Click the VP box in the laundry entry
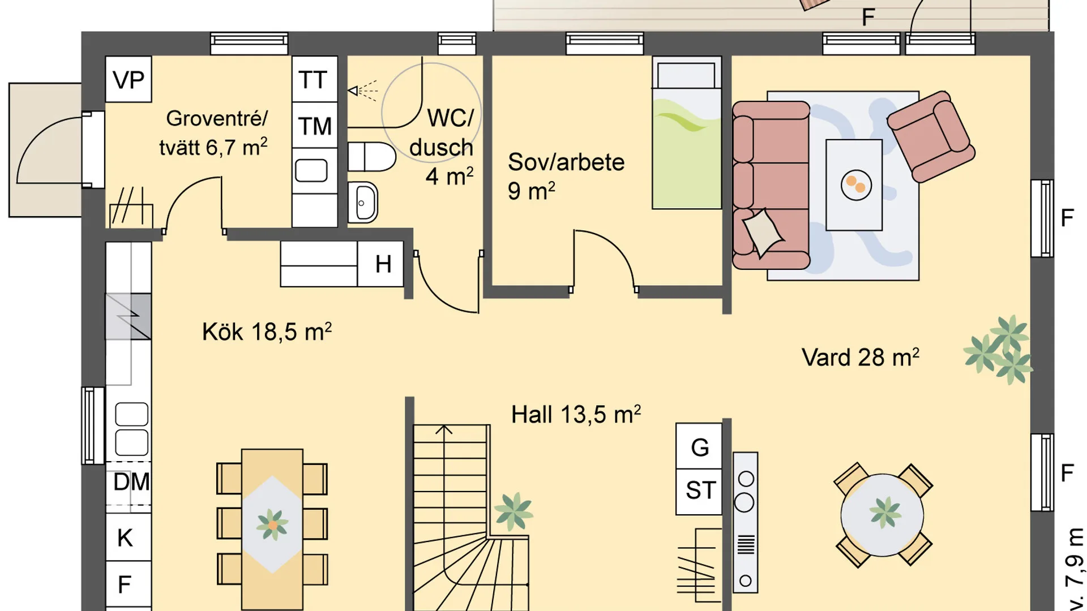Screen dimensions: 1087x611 pos(129,79)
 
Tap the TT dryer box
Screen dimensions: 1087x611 pos(315,79)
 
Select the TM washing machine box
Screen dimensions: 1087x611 pos(315,126)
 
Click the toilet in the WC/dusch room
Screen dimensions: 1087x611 pos(371,157)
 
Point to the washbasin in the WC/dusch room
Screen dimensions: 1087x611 pos(362,202)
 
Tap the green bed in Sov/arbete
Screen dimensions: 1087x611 pos(687,132)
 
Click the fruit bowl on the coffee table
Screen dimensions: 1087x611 pos(855,185)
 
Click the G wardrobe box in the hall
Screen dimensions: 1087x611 pos(699,446)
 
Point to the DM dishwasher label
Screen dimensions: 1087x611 pos(131,482)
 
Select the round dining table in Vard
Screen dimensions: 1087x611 pos(882,515)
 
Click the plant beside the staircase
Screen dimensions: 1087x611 pos(513,511)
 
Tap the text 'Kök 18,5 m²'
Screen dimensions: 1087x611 pos(267,332)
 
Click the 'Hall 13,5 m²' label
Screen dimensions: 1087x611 pos(576,414)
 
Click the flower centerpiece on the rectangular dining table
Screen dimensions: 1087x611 pos(272,524)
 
